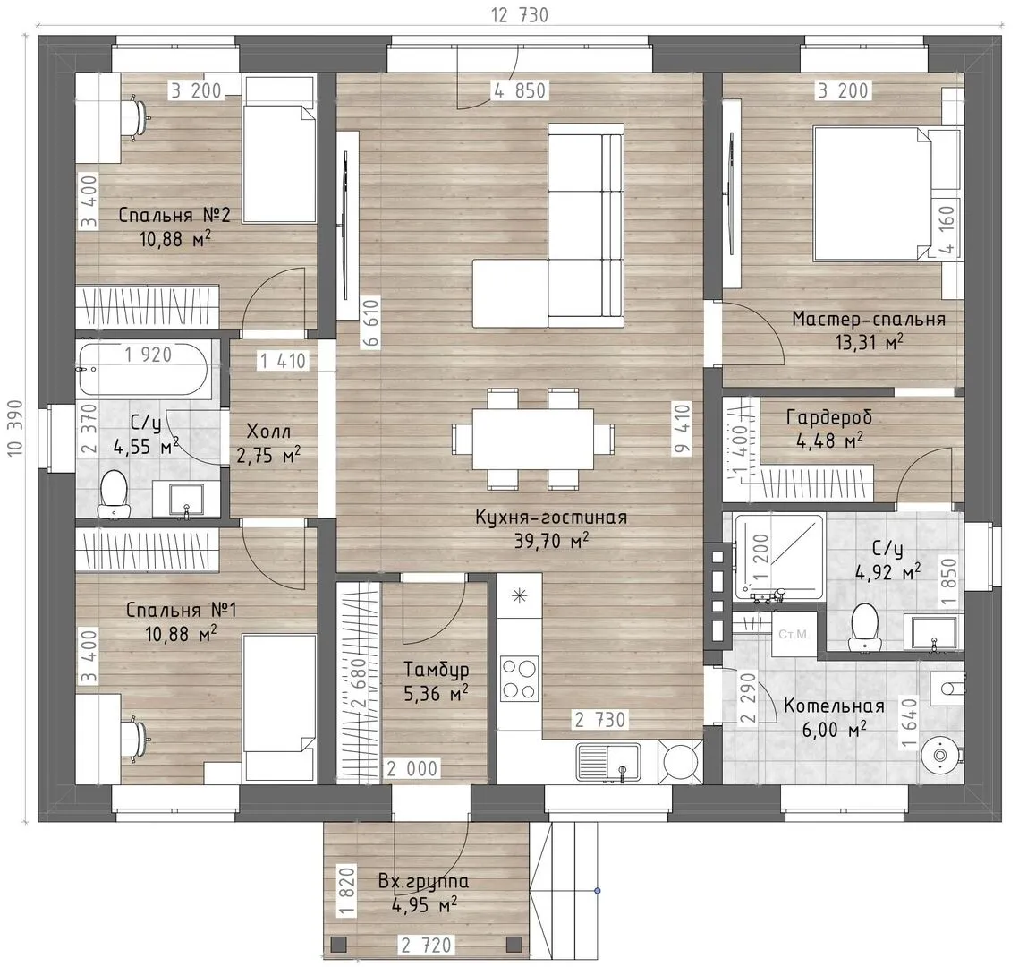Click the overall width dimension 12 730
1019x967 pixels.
519,14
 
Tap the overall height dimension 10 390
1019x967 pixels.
15,427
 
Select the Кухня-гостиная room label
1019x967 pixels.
551,518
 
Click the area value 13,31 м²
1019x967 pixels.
869,342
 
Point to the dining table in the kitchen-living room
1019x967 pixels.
532,438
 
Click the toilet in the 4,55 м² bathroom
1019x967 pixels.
113,493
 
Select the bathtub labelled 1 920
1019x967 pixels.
143,370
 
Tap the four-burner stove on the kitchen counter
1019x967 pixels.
519,679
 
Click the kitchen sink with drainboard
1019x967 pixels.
609,761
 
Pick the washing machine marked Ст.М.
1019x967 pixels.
794,634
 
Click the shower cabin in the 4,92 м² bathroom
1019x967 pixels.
778,557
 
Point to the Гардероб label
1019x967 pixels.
828,417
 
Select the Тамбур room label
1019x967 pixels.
436,669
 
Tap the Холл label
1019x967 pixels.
268,432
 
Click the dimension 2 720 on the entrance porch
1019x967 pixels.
426,945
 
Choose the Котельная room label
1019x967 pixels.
834,706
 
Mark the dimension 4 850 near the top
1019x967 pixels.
519,90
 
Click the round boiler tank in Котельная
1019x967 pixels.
939,755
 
